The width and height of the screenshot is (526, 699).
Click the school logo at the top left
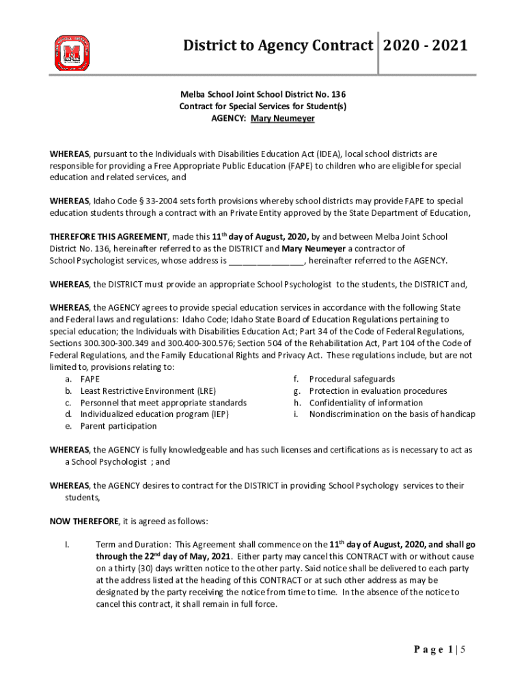pyautogui.click(x=72, y=53)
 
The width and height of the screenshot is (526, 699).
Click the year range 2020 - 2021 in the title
pyautogui.click(x=426, y=46)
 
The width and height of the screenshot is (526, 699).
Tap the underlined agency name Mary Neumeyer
pyautogui.click(x=283, y=118)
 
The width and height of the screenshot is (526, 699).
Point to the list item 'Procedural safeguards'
pyautogui.click(x=352, y=379)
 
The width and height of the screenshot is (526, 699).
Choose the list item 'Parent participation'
pyautogui.click(x=118, y=426)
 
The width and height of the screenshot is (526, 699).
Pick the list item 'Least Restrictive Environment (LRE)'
pyautogui.click(x=148, y=391)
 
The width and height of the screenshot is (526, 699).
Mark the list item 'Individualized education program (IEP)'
pyautogui.click(x=154, y=414)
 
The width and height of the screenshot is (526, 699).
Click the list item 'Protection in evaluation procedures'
pyautogui.click(x=378, y=391)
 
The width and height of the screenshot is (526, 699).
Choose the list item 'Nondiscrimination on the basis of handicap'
pyautogui.click(x=392, y=414)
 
